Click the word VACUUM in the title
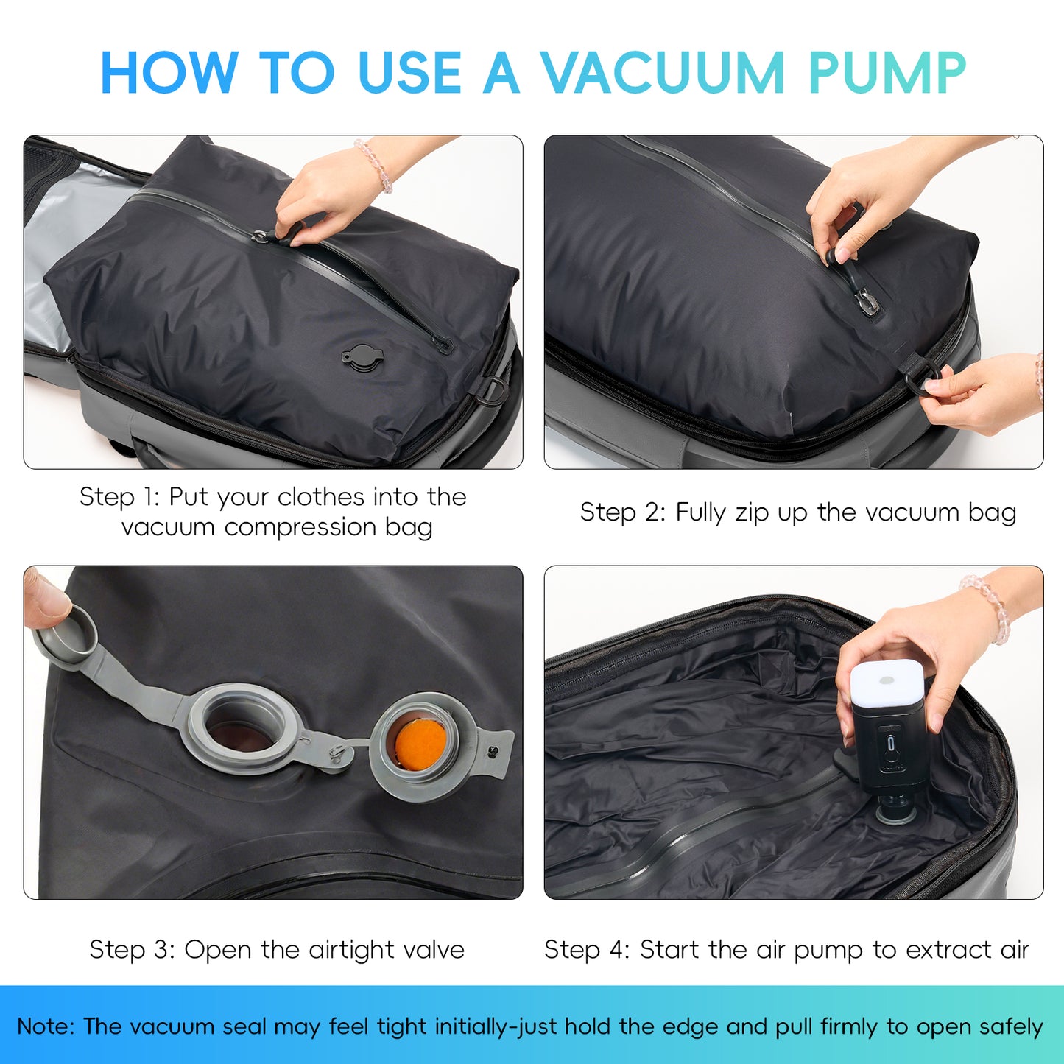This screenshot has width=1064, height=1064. coord(663,73)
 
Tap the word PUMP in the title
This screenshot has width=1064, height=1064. coord(887,73)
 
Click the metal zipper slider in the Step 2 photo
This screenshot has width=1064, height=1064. coord(866,302)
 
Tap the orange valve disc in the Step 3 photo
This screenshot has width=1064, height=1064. coord(420,742)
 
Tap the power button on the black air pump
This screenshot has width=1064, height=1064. coord(892,744)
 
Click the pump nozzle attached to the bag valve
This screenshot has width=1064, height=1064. coord(895,810)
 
